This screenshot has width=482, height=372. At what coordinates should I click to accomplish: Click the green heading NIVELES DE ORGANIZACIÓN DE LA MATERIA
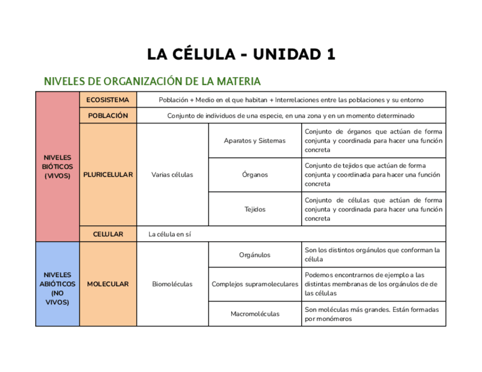coord(153,81)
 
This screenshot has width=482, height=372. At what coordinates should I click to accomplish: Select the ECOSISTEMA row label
coord(108,100)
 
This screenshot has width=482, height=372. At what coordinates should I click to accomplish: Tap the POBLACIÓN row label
coord(108,115)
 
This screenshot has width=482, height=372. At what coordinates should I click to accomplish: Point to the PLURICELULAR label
coord(108,174)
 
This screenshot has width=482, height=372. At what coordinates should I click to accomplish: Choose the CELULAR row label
coord(108,233)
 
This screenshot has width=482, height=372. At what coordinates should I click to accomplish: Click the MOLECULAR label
coord(108,283)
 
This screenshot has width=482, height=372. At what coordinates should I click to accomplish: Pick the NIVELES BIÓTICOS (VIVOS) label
coord(57,166)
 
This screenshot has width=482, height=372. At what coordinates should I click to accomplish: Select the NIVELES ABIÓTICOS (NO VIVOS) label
coord(57,288)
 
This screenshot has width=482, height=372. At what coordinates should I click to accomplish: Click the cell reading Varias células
coord(172,174)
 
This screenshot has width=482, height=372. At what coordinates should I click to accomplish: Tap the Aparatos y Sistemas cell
coord(255,140)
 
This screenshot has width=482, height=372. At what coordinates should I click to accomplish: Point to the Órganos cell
coord(255,174)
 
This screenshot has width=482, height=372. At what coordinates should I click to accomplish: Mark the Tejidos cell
coord(255,209)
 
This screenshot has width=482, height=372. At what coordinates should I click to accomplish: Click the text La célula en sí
coord(169,233)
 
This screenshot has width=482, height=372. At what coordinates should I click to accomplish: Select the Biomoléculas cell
coord(172,283)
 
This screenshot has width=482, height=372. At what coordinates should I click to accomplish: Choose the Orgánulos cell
coord(255,255)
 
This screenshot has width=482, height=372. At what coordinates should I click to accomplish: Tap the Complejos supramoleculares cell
coord(255,283)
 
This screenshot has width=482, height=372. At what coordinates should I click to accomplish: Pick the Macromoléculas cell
coord(255,314)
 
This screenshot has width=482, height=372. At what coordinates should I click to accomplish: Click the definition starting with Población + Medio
coord(290,100)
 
